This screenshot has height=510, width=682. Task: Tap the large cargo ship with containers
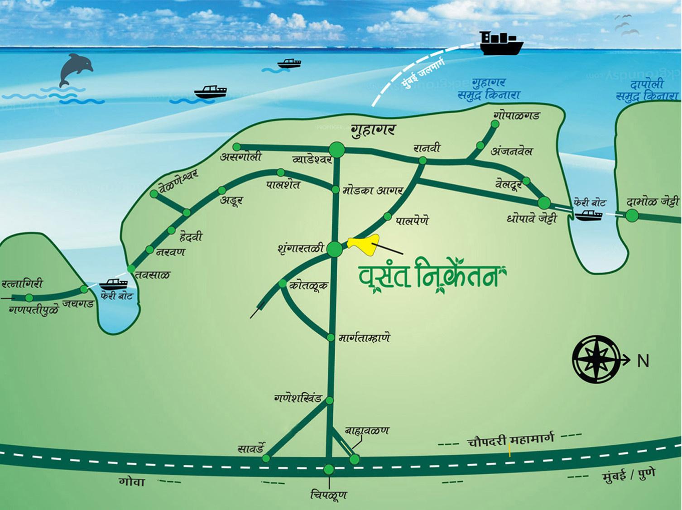point(501,43)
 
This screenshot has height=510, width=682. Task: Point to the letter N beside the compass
point(643,361)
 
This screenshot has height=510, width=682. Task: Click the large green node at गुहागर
point(336,149)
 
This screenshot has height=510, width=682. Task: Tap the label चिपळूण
point(329,494)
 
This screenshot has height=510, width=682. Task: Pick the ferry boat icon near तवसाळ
point(113,284)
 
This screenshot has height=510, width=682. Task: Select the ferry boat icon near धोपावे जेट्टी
point(588,214)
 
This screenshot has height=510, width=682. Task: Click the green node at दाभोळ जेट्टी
point(632,216)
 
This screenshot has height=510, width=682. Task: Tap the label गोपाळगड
point(517,115)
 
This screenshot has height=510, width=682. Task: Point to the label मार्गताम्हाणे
point(364,337)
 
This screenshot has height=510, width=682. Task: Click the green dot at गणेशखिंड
point(330,400)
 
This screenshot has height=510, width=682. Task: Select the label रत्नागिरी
point(22,284)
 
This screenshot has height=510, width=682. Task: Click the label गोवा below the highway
point(132,481)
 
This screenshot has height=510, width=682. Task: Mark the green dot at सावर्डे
point(266,458)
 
